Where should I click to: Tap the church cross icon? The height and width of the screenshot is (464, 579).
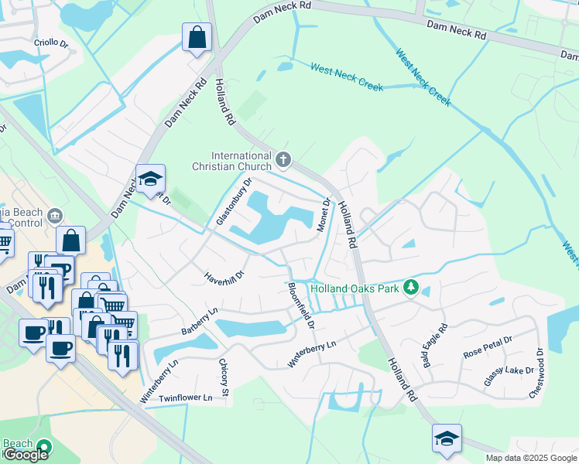(284, 160)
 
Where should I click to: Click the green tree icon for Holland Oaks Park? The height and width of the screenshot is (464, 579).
(412, 288)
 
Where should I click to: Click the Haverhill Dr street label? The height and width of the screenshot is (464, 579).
(224, 275)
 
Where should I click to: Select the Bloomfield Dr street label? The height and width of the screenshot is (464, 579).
(301, 305)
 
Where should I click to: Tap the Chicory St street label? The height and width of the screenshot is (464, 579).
(224, 380)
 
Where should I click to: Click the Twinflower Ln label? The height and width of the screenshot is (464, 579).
(185, 397)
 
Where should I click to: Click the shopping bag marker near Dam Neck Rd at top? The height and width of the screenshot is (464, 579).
(197, 37)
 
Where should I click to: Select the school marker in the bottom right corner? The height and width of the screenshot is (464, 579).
(447, 438)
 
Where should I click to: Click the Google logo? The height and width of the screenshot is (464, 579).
(26, 455)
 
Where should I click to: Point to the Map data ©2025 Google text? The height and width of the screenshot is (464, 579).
(531, 458)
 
